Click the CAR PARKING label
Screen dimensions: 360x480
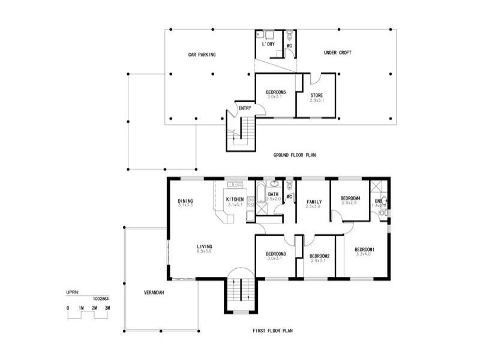[202, 55]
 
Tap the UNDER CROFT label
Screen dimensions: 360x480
[337, 53]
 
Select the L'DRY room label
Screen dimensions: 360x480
[268, 44]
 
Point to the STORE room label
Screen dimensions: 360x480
[317, 95]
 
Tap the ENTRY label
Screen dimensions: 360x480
[245, 108]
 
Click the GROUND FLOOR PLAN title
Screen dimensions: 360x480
[295, 155]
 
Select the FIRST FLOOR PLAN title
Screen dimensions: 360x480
[274, 331]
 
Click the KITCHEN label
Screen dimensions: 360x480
[235, 199]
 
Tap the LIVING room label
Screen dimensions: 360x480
[204, 247]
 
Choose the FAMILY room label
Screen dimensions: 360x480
[314, 202]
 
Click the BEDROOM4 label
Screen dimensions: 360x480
[350, 199]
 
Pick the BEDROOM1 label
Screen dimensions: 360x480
[364, 250]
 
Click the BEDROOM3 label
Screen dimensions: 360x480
[275, 254]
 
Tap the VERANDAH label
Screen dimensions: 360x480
[154, 293]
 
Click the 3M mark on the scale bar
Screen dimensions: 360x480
[107, 308]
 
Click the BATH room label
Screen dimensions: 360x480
[273, 194]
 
